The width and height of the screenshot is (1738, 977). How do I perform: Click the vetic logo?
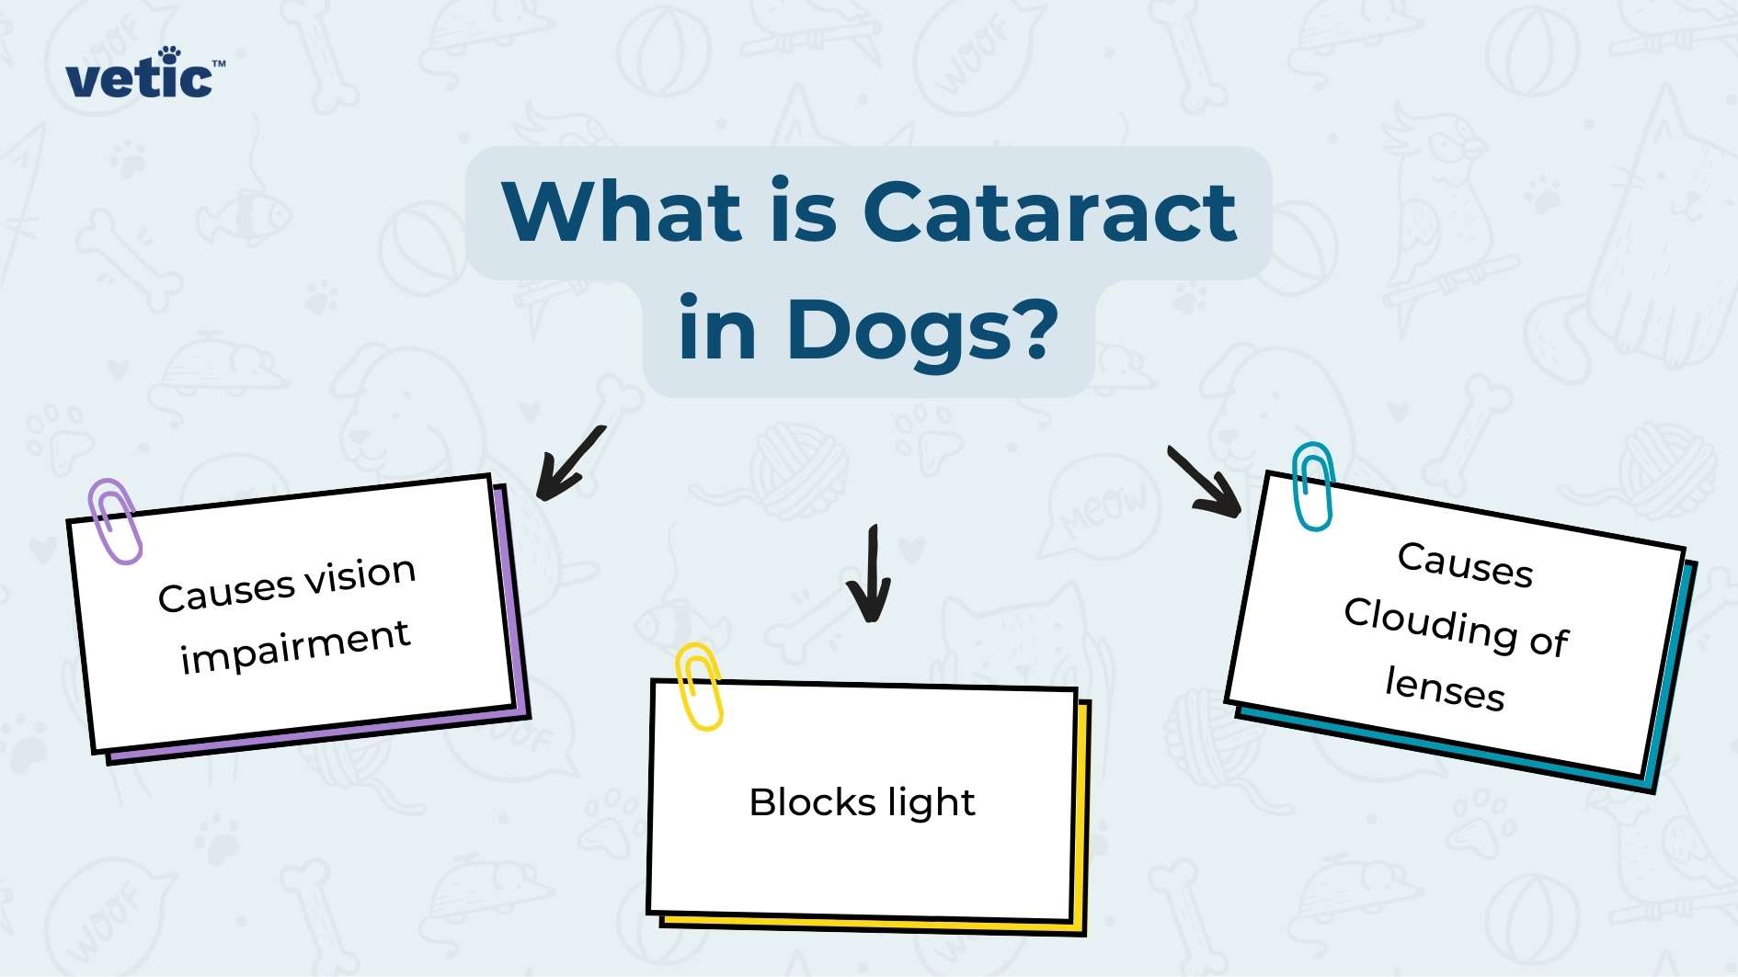pyautogui.click(x=143, y=75)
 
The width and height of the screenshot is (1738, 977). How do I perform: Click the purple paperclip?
pyautogui.click(x=115, y=520)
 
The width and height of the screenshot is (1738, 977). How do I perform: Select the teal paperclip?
pyautogui.click(x=1312, y=486)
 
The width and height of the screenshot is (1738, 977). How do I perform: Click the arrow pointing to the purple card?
pyautogui.click(x=570, y=464)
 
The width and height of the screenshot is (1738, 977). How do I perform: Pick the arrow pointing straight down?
pyautogui.click(x=870, y=574)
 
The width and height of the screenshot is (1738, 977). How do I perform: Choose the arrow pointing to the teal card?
pyautogui.click(x=1204, y=482)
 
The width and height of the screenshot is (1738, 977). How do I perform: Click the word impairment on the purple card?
pyautogui.click(x=295, y=645)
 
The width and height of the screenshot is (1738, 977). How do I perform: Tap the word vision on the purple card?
pyautogui.click(x=360, y=576)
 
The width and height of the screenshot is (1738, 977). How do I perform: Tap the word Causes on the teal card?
pyautogui.click(x=1465, y=562)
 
